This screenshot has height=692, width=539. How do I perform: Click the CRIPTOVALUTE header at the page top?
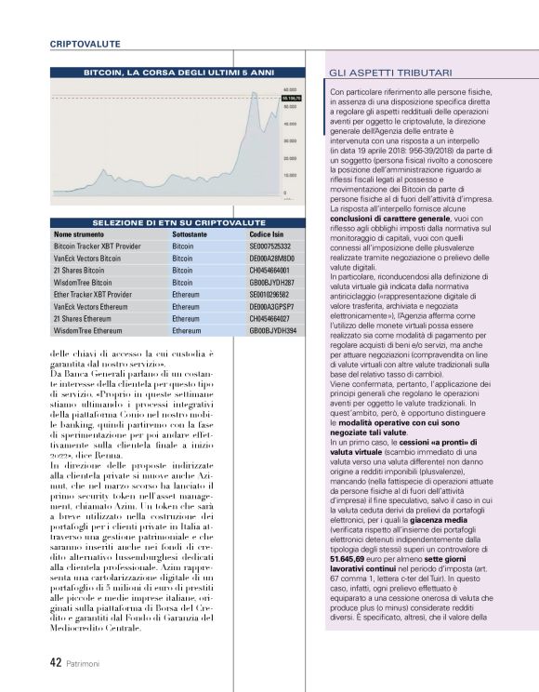(x=85, y=43)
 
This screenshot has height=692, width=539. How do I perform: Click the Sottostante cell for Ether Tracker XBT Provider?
(x=186, y=294)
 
